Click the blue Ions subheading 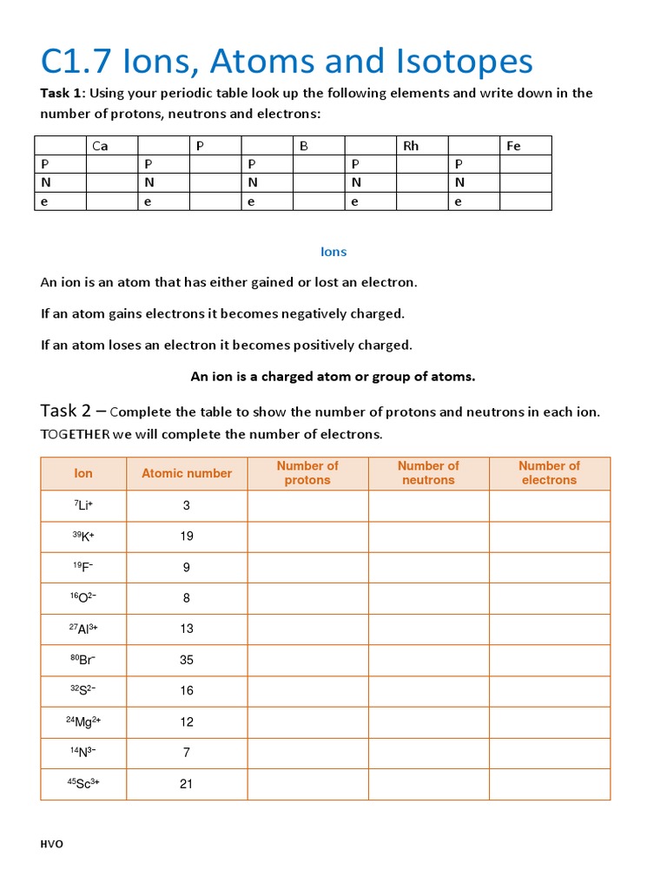click(x=333, y=252)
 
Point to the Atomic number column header click(x=187, y=473)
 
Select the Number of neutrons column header click(x=428, y=473)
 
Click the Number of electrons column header click(x=549, y=473)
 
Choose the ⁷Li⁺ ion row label click(x=83, y=505)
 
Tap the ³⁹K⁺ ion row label click(x=83, y=537)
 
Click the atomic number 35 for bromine click(x=187, y=660)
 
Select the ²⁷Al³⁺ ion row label click(x=83, y=629)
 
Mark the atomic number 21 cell click(x=187, y=784)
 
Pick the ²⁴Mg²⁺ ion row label click(x=83, y=721)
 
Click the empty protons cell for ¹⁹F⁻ click(x=307, y=567)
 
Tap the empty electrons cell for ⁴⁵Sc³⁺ click(x=549, y=784)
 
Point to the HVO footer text click(x=52, y=845)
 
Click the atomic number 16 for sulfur click(x=187, y=691)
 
